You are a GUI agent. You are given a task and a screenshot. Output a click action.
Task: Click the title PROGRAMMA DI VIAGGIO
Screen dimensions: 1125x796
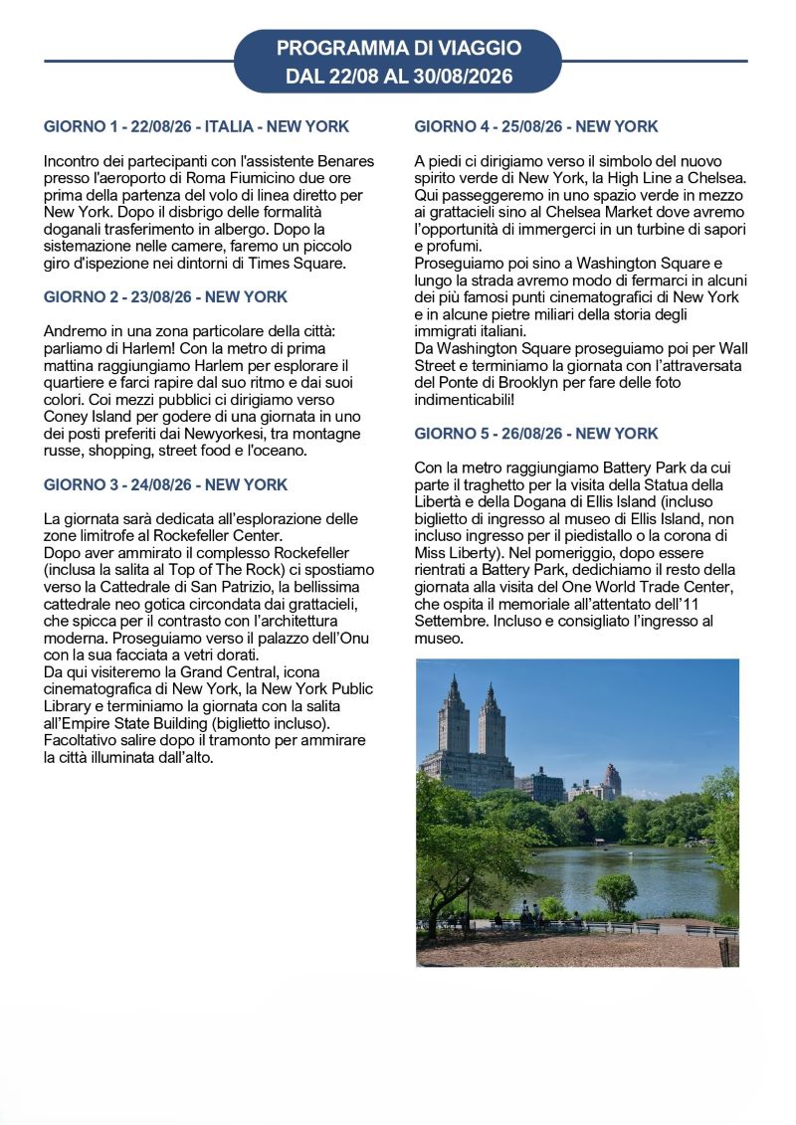coord(398,48)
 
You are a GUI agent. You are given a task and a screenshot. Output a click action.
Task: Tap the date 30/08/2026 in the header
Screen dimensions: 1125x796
coord(467,76)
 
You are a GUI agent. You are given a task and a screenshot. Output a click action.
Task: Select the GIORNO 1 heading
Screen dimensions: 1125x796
coord(197,127)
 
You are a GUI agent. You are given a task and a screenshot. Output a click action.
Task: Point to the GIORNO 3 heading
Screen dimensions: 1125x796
coord(166,485)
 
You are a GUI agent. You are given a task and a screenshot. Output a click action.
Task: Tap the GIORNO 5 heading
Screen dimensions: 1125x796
coord(536,434)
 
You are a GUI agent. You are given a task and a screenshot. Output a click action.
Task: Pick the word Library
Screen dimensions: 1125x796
coord(69,705)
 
